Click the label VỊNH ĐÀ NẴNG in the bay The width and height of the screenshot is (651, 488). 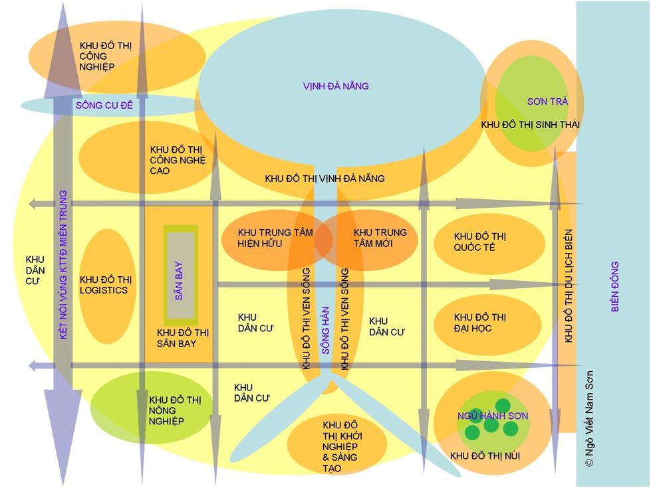[x=335, y=86]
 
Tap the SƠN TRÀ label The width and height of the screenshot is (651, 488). [x=547, y=102]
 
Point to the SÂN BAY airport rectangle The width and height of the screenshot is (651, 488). [x=180, y=275]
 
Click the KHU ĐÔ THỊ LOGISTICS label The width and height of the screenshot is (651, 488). [x=104, y=284]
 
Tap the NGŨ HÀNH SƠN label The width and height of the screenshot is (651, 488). [x=493, y=416]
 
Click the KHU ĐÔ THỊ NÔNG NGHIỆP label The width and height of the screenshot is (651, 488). [x=175, y=410]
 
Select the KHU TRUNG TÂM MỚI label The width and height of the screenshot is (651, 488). [x=380, y=238]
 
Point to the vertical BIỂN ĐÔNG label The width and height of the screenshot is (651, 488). [x=614, y=286]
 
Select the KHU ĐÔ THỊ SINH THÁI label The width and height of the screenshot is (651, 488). [x=530, y=125]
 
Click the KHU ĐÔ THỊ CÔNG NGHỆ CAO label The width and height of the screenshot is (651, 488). [x=178, y=160]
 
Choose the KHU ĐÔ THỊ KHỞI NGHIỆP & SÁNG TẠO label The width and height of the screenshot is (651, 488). [x=340, y=446]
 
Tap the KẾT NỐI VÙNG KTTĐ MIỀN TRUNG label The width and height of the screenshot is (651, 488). [x=63, y=265]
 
